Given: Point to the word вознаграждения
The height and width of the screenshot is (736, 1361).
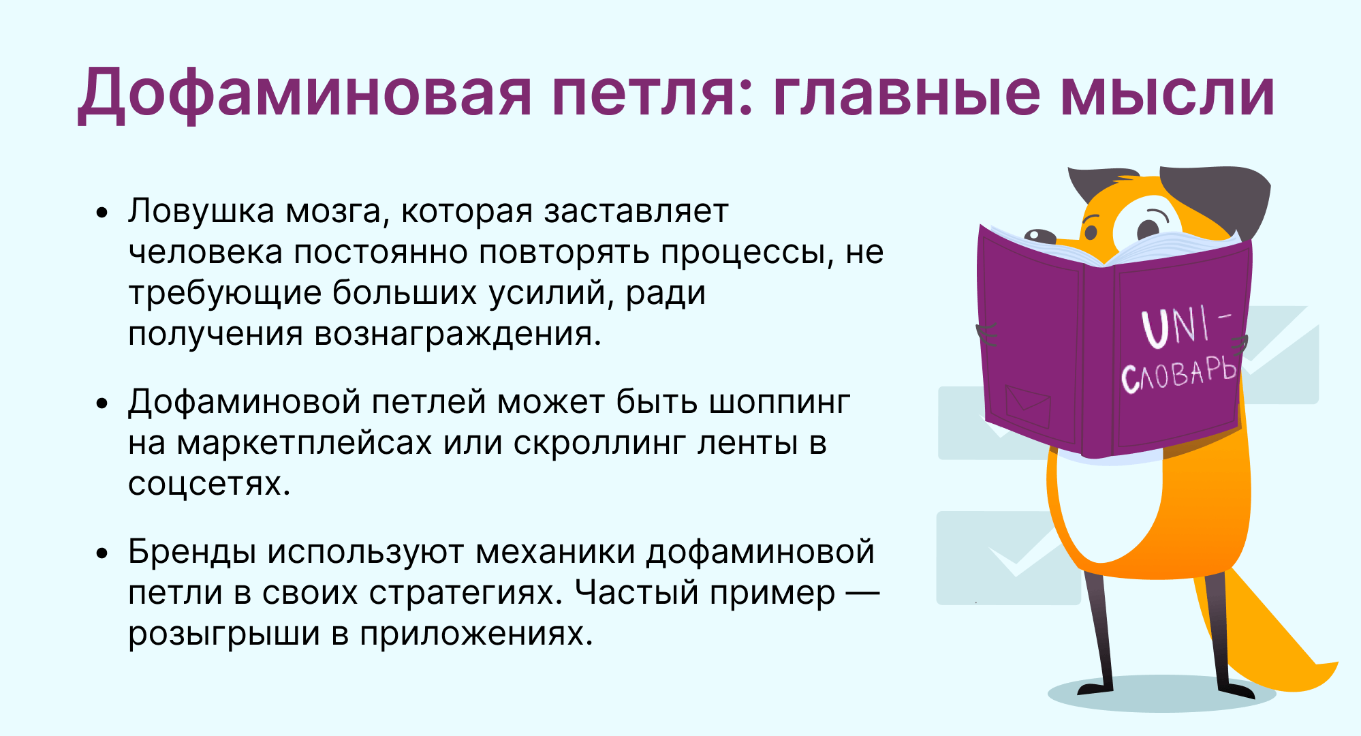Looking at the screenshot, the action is pos(458,335).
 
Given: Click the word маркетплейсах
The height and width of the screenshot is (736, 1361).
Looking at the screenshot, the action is pos(304,443).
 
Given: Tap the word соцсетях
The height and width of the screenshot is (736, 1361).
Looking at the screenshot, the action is pos(210,485).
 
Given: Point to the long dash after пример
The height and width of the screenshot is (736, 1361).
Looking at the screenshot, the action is pos(862,593).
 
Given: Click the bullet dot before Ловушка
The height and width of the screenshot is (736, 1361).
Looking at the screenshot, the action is pos(102,213).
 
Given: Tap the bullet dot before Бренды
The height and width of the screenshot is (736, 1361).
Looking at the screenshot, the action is pos(102,553).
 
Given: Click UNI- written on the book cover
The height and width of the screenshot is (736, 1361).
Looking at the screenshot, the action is pos(1186,326).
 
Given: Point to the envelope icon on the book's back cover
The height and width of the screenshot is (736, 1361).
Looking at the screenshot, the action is pos(1028,406).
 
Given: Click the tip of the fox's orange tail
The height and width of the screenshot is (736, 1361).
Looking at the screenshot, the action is pos(1335,664).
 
